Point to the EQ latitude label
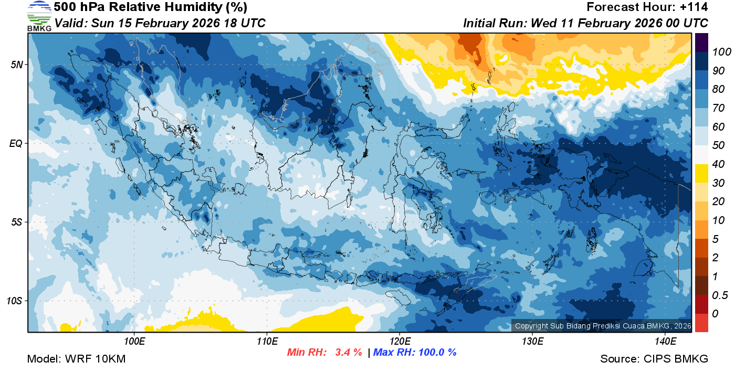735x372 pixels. point(16,143)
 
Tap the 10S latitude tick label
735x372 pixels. point(15,301)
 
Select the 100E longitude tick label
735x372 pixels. point(134,342)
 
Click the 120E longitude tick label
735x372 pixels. point(400,342)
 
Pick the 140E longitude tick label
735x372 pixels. point(665,342)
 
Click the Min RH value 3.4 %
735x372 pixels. point(349,352)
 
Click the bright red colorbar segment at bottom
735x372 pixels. point(701,323)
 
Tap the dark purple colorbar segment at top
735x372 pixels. point(701,42)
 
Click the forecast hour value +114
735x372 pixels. point(694,7)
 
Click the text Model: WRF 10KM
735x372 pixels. point(76,359)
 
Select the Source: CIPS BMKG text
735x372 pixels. point(654,359)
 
